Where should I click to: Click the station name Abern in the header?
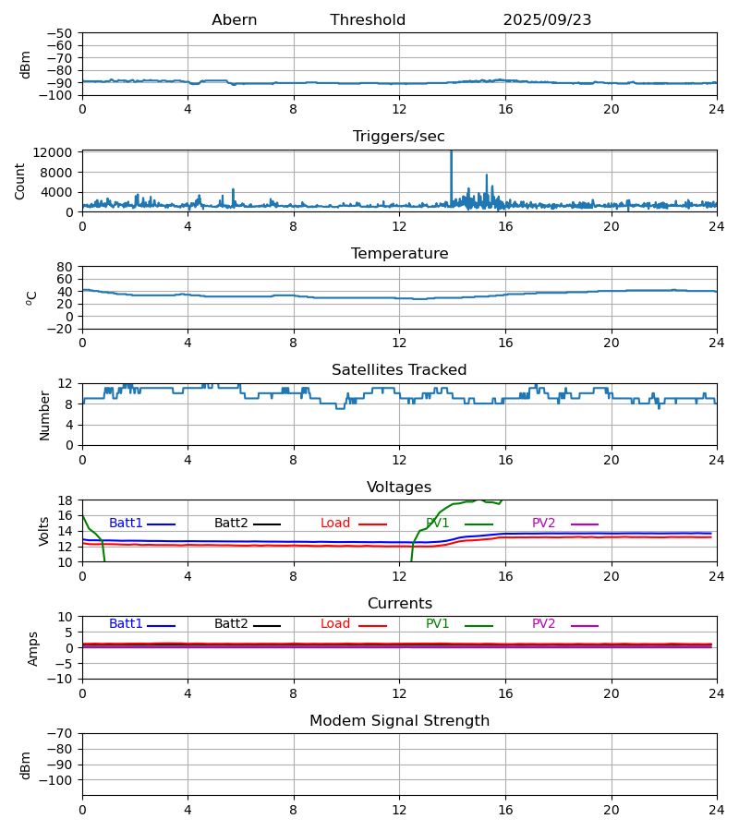tap(235, 20)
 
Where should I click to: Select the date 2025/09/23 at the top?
tap(547, 20)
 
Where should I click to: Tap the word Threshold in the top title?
tap(368, 20)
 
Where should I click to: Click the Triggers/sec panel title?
tap(399, 137)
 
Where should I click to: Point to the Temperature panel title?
tap(399, 254)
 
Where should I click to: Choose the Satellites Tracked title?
tap(399, 370)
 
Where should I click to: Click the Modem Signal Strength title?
tap(399, 721)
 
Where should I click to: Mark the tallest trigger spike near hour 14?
tap(451, 153)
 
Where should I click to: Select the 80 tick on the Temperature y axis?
tap(65, 267)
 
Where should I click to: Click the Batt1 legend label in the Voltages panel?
tap(126, 524)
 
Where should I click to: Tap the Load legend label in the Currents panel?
tap(335, 624)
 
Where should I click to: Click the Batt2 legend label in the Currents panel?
tap(231, 624)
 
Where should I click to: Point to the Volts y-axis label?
tap(45, 531)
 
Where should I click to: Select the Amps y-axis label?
tap(33, 648)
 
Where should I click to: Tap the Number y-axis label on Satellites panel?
tap(45, 415)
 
